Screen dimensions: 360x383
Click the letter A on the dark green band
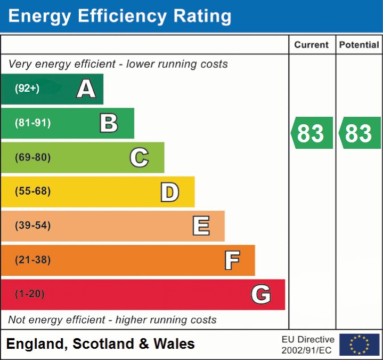86,89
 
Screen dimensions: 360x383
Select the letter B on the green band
109,123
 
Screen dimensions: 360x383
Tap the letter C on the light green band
139,157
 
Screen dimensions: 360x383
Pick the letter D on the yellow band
169,192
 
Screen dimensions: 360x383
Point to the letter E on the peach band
200,226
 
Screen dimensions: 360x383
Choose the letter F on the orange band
231,260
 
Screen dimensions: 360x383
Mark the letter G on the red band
261,294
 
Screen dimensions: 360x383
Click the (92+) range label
27,89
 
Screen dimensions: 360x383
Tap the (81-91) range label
32,123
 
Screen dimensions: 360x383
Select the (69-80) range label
32,157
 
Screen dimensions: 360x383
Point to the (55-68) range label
32,191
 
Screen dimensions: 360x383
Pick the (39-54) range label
32,226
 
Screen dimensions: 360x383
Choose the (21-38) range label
32,260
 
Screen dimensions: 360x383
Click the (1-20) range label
30,294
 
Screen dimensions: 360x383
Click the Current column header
312,45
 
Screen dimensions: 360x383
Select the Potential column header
359,45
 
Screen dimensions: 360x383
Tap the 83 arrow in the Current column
312,133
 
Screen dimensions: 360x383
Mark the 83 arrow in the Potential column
360,133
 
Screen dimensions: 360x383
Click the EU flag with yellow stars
359,345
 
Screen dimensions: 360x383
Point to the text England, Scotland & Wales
101,344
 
